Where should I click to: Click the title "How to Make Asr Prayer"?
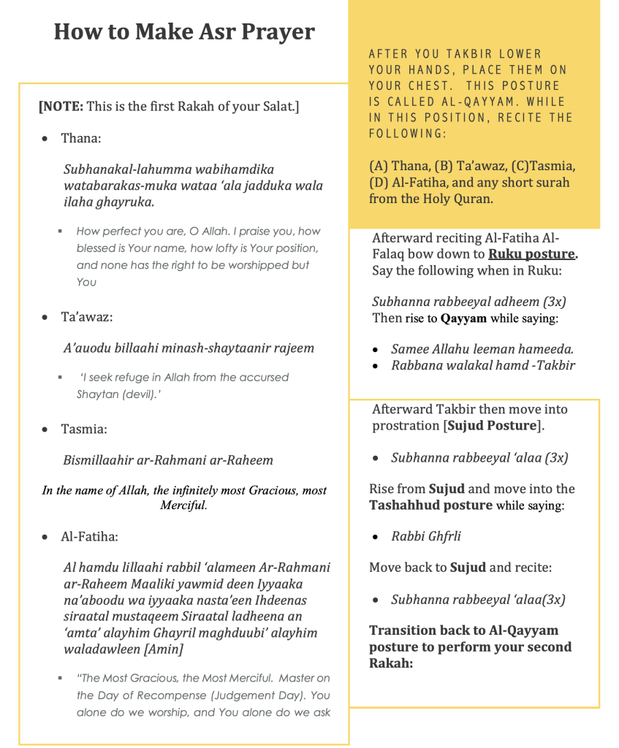pos(184,32)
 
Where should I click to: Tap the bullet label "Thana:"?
pos(81,138)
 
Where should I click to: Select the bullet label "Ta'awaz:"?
pos(87,317)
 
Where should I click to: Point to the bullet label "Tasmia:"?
pos(84,429)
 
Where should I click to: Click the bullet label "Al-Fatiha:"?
pos(89,537)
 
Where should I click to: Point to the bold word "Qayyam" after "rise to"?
pos(463,318)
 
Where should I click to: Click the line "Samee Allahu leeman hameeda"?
pos(482,349)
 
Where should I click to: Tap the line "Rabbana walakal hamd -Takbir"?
pos(482,365)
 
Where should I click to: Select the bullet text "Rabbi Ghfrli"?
pos(425,536)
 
